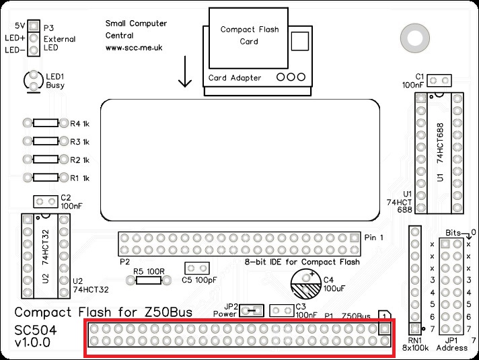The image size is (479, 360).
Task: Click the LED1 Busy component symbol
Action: pyautogui.click(x=32, y=81)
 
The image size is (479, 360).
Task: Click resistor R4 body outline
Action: pyautogui.click(x=46, y=124)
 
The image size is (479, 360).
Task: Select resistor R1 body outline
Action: pyautogui.click(x=46, y=178)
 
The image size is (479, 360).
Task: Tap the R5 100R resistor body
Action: pyautogui.click(x=148, y=280)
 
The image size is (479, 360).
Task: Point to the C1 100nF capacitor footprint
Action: pyautogui.click(x=439, y=81)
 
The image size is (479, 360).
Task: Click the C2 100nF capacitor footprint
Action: pyautogui.click(x=46, y=202)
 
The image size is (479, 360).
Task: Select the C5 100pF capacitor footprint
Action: pyautogui.click(x=194, y=268)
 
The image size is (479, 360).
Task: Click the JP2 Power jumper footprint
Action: pyautogui.click(x=252, y=310)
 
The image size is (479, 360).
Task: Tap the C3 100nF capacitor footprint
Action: pyautogui.click(x=281, y=310)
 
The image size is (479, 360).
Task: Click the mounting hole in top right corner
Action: pyautogui.click(x=409, y=34)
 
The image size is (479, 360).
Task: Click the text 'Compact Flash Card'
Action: pyautogui.click(x=248, y=35)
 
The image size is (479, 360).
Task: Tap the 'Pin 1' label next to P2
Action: pyautogui.click(x=373, y=238)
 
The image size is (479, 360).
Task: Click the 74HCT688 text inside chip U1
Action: pyautogui.click(x=441, y=144)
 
